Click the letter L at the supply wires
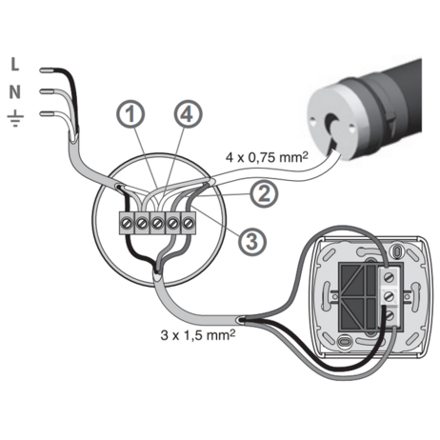point(15,65)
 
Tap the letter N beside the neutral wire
point(14,92)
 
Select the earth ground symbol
point(15,118)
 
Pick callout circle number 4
point(188,114)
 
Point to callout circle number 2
point(264,194)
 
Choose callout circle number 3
point(252,242)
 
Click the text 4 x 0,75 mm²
point(267,157)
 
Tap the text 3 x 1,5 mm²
point(198,334)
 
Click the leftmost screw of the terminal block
point(127,223)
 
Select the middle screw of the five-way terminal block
point(157,223)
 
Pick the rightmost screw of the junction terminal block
point(188,223)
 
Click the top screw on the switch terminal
point(390,278)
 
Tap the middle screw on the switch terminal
point(390,296)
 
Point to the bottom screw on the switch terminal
point(390,316)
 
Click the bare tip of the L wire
point(47,70)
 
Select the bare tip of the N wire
point(47,91)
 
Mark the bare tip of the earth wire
point(47,113)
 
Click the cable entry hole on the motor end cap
point(331,127)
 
